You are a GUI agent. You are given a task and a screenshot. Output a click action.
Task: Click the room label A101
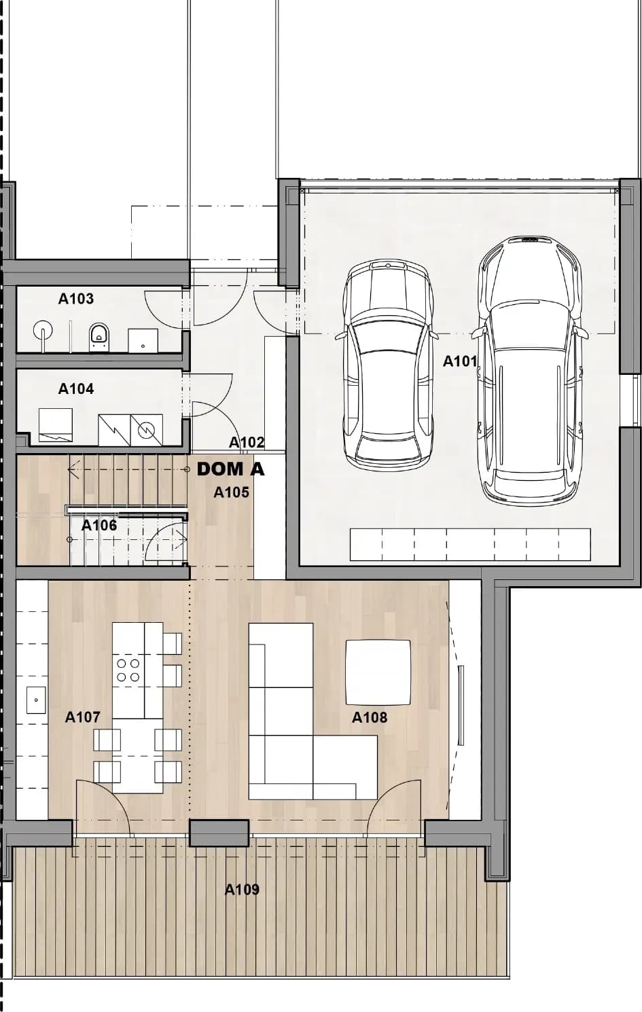(459, 361)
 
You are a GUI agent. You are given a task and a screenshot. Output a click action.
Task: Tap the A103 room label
(76, 299)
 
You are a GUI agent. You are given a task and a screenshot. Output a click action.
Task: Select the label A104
(76, 388)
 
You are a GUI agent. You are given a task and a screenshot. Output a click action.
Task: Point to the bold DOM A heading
(230, 469)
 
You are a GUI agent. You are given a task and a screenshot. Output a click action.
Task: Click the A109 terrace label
(242, 890)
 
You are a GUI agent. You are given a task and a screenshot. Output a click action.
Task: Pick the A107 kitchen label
(82, 717)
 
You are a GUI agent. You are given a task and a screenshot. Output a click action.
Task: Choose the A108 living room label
(370, 717)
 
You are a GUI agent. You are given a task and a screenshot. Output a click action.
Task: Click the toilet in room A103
(99, 337)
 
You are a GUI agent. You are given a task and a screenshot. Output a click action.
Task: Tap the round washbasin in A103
(43, 330)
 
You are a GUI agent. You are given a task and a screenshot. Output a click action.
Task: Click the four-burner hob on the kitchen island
(128, 670)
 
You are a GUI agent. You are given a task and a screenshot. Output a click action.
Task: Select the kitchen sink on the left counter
(36, 700)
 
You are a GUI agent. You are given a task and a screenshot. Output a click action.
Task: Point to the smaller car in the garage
(388, 365)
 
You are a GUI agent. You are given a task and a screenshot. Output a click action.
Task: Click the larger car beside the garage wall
(529, 370)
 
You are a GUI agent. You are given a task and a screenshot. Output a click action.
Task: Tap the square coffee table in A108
(378, 672)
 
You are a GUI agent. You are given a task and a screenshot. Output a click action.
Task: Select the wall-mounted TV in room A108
(461, 705)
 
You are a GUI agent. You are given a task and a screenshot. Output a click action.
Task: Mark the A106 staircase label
(99, 525)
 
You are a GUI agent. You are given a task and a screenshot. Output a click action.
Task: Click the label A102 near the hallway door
(247, 442)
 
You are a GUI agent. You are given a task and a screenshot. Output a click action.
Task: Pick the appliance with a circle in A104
(146, 429)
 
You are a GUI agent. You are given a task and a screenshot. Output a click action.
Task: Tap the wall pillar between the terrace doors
(219, 833)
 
